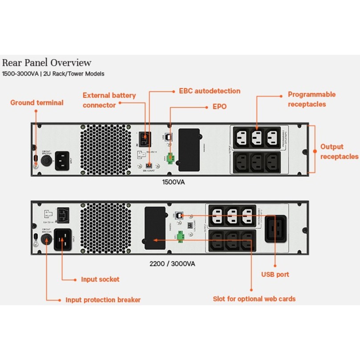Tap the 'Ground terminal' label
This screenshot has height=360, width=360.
pos(37,103)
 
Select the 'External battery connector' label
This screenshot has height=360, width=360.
pos(109,100)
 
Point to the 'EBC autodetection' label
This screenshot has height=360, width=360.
pos(209,91)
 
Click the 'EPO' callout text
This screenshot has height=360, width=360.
pos(219,107)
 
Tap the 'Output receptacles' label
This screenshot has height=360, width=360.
pos(339,151)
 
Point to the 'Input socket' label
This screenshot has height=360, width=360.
pos(100,279)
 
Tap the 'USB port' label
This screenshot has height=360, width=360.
pos(275,275)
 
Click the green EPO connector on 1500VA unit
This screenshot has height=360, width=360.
pos(170,159)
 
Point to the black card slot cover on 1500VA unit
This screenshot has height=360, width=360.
pos(188,150)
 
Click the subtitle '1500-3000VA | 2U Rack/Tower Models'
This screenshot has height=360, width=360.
pos(53,73)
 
